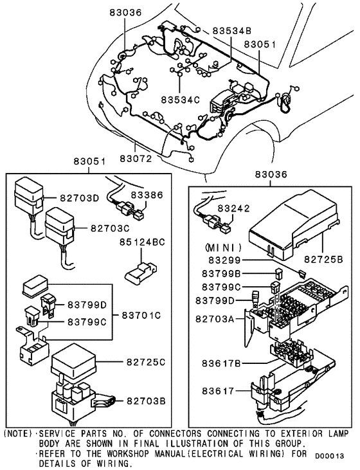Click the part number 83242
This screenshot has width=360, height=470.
237,208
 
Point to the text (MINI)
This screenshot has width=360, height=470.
223,248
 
